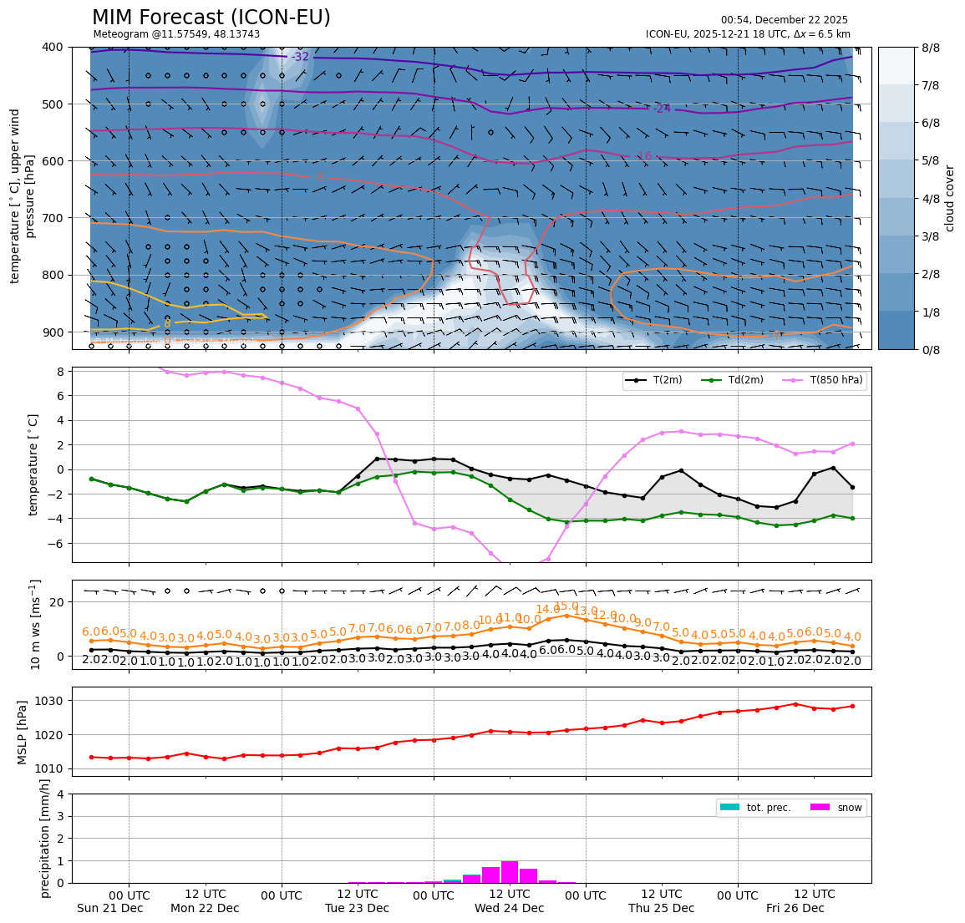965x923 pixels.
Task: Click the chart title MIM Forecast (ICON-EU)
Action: click(x=211, y=18)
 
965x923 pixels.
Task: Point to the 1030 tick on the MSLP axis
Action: click(x=53, y=700)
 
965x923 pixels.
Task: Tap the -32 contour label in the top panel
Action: click(x=301, y=57)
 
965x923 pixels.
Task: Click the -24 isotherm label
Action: click(x=662, y=109)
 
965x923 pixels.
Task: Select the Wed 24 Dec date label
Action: click(x=509, y=908)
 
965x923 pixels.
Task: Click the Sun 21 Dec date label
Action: click(x=109, y=908)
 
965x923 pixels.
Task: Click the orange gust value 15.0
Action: click(x=566, y=606)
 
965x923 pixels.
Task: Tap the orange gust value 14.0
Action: click(x=548, y=610)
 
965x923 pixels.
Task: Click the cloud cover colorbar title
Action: click(x=949, y=198)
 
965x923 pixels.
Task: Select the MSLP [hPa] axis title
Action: click(x=23, y=733)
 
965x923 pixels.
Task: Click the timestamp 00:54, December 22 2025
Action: click(x=784, y=20)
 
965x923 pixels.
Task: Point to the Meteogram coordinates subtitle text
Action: click(x=176, y=34)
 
